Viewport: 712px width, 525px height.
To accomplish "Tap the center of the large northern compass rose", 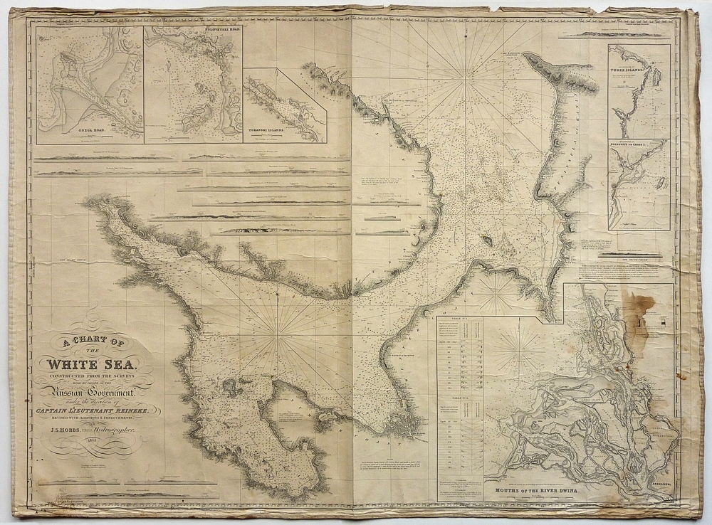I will tap(466, 80).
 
